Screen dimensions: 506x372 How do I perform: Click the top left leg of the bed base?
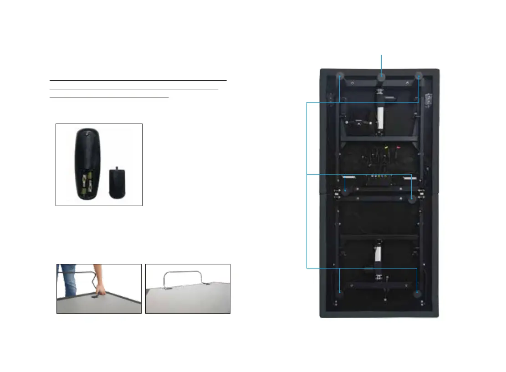340,76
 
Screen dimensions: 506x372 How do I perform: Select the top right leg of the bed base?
419,76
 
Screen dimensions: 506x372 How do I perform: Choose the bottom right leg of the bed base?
418,293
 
